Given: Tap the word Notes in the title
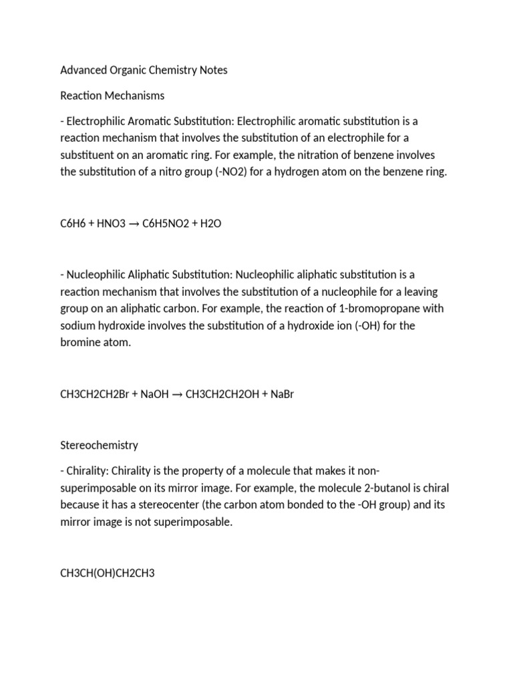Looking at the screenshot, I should pos(212,70).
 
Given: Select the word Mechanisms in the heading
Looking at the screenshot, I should pos(132,96).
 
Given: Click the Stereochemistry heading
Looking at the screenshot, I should pos(99,445).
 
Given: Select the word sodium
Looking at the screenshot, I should pos(77,325).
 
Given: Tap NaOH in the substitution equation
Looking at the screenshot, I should pos(154,394).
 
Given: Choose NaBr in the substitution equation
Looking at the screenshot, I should pos(280,394).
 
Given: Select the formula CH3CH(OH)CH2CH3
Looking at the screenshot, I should pos(108,573).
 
